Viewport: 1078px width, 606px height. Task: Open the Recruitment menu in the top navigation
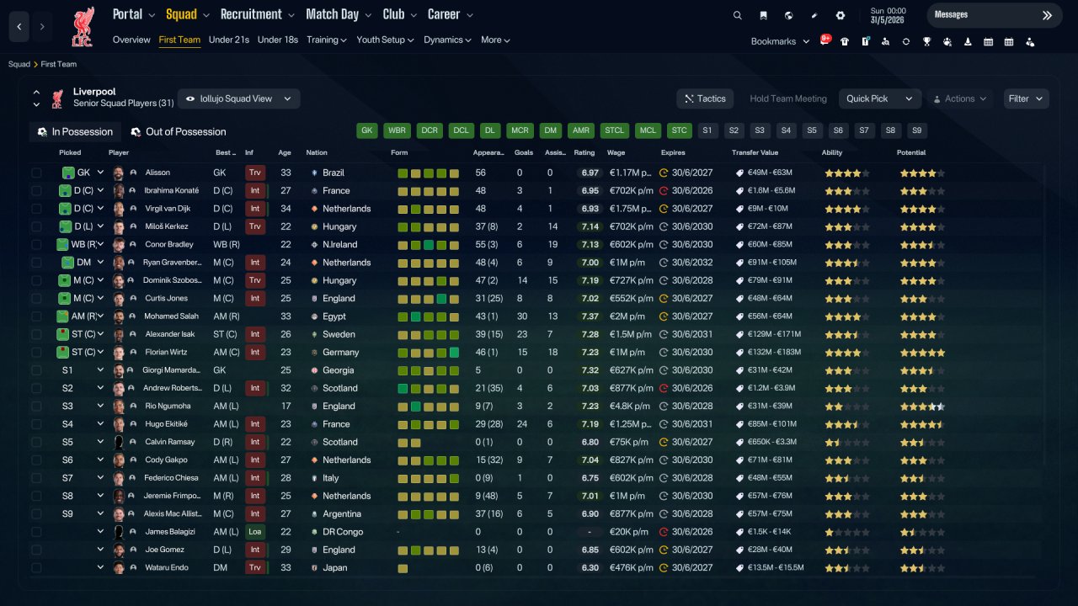tap(257, 14)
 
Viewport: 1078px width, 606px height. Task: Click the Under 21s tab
tap(228, 40)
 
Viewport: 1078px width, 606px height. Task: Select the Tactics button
tap(705, 98)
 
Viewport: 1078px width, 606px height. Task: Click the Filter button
tap(1026, 98)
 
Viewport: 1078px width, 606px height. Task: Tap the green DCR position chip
tap(430, 130)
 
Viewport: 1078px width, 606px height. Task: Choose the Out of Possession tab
tap(179, 132)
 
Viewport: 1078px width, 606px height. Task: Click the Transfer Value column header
tap(755, 152)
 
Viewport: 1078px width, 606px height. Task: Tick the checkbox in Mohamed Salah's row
tap(36, 316)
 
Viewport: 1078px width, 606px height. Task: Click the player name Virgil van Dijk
tap(168, 208)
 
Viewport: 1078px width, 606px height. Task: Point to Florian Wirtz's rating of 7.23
tap(590, 352)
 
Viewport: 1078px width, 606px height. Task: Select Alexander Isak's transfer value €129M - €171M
tap(774, 334)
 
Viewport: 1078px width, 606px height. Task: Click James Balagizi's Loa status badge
tap(254, 531)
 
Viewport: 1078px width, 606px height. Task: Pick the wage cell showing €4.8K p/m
tap(629, 406)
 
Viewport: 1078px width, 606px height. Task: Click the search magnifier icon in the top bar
tap(737, 15)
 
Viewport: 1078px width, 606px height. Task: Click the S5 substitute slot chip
tap(812, 130)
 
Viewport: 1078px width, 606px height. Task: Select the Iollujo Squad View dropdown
tap(238, 98)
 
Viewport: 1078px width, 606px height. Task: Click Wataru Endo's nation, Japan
tap(334, 567)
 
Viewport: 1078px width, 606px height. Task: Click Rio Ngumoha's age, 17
tap(286, 406)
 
